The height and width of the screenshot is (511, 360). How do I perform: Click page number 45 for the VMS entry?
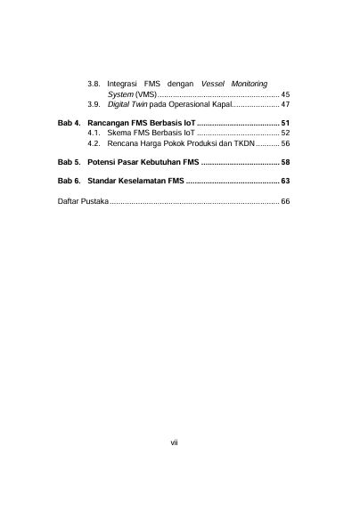point(285,93)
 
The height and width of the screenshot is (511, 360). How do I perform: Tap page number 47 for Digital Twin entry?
point(285,104)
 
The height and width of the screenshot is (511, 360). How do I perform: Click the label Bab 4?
point(69,122)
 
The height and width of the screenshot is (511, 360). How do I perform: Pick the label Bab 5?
point(69,164)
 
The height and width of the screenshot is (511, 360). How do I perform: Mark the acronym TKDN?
point(243,142)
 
